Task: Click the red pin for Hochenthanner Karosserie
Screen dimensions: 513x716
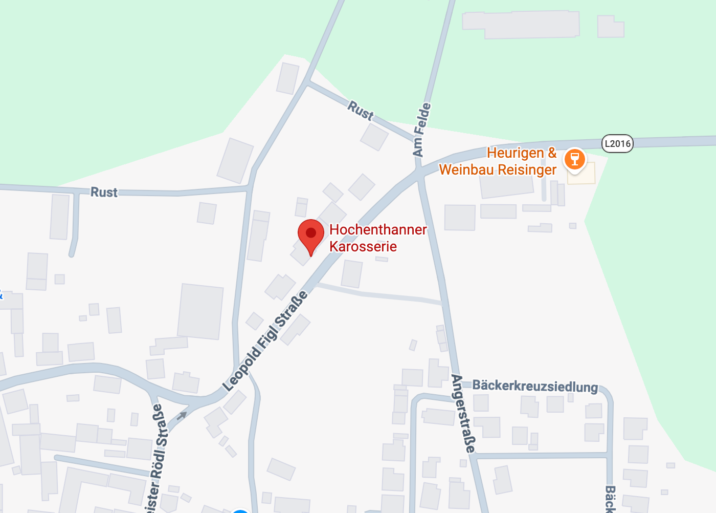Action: tap(311, 234)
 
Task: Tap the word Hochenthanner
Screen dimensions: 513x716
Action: tap(378, 230)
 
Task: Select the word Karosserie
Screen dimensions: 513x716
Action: tap(363, 247)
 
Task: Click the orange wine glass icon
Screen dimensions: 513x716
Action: tap(574, 158)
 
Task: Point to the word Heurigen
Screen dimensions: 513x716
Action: tap(516, 153)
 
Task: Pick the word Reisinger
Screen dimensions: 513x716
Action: tap(527, 170)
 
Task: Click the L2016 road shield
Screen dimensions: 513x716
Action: tap(617, 143)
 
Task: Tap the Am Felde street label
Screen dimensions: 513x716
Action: tap(421, 130)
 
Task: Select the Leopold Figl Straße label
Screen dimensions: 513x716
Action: tap(266, 341)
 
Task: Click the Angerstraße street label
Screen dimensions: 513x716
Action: tap(463, 414)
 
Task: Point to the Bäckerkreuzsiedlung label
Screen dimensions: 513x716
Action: tap(535, 386)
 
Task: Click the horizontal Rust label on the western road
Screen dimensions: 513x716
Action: tap(104, 193)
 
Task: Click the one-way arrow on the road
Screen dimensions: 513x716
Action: tap(182, 415)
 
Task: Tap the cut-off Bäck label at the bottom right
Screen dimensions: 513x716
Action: tap(610, 499)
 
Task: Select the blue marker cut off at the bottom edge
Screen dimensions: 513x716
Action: tap(239, 510)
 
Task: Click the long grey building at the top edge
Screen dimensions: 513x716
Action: tap(521, 25)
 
